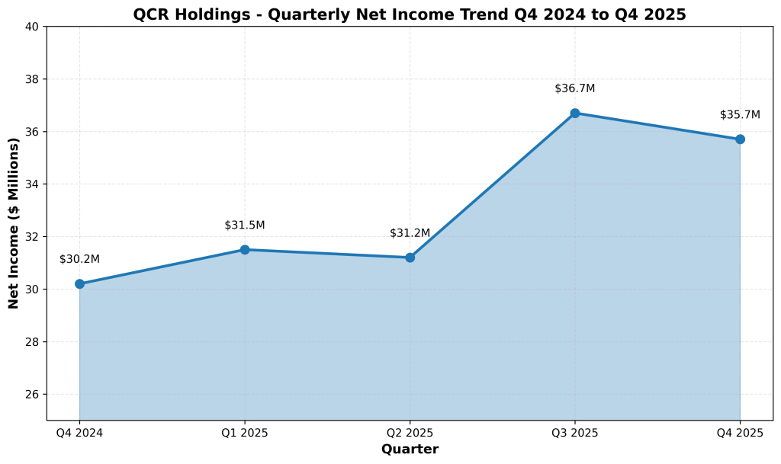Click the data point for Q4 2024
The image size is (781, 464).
click(x=79, y=284)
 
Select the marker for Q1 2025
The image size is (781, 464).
click(x=245, y=250)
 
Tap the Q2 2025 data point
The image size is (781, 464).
click(x=410, y=258)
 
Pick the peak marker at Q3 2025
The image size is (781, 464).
click(x=575, y=113)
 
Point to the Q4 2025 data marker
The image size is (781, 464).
click(x=740, y=139)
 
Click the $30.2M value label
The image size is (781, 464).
click(x=79, y=259)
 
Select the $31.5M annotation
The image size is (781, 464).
click(x=245, y=226)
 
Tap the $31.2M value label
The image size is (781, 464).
click(x=410, y=233)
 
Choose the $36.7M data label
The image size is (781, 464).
click(x=575, y=88)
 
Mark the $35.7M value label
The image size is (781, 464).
click(x=740, y=115)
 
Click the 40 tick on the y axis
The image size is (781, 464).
click(x=33, y=27)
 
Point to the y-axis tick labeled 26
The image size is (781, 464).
click(x=33, y=395)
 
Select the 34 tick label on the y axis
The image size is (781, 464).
click(x=33, y=184)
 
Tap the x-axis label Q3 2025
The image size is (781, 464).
click(x=575, y=434)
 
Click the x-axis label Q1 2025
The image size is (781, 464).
click(x=245, y=434)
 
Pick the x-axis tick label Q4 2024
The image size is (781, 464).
click(x=79, y=434)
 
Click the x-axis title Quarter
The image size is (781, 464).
click(x=410, y=450)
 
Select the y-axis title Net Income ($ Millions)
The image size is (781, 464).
click(x=14, y=223)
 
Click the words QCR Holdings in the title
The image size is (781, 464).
click(x=181, y=14)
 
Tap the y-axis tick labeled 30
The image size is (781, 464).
click(x=33, y=290)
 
